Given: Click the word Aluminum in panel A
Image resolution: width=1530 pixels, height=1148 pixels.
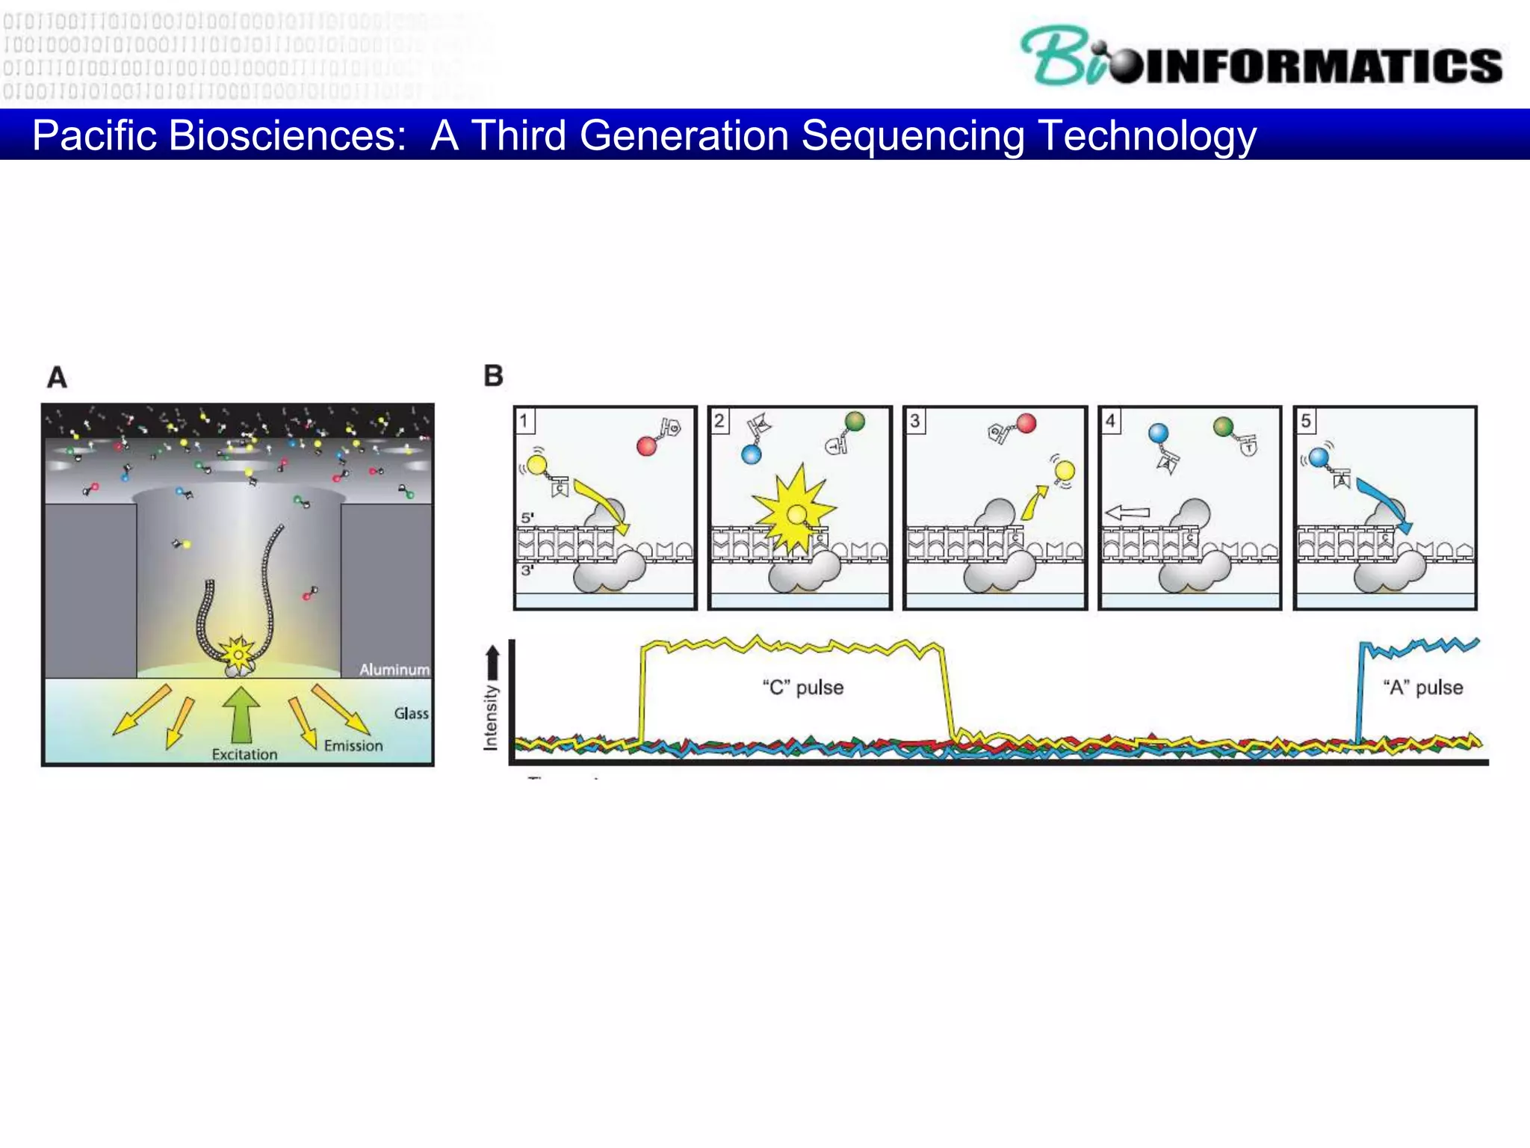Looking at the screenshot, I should tap(394, 669).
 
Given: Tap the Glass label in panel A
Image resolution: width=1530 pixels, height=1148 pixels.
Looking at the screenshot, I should tap(411, 713).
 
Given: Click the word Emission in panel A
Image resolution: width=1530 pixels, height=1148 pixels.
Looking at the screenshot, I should tap(353, 745).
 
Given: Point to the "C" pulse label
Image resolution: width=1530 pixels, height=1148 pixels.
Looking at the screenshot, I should tap(803, 687).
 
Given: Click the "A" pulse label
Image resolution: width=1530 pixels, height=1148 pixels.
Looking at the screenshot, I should tap(1422, 687).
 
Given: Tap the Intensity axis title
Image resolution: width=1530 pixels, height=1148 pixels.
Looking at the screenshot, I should tap(490, 717).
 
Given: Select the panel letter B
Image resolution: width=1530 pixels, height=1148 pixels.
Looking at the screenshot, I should tap(493, 375).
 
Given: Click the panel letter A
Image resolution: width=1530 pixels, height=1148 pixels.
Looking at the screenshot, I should tap(58, 377).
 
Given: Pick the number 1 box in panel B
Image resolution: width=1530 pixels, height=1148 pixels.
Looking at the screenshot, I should tap(524, 420).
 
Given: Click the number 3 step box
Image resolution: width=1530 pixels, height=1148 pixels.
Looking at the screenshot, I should tap(914, 420).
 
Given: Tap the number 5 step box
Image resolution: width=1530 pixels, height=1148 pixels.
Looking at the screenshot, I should tap(1305, 420).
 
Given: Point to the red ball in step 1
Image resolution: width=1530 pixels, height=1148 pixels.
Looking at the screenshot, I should tap(646, 446).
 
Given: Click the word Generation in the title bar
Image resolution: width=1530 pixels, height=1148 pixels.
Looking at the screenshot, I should tap(684, 135).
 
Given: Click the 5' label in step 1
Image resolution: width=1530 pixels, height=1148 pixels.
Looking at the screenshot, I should tap(527, 517).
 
